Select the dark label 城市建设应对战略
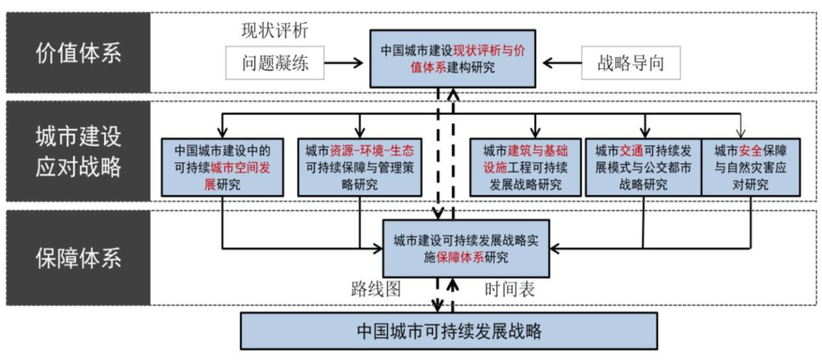[x=78, y=152]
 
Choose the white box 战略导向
[x=631, y=62]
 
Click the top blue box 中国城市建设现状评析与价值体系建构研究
[x=453, y=59]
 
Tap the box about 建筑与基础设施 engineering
[x=523, y=166]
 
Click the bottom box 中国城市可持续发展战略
[x=449, y=331]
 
